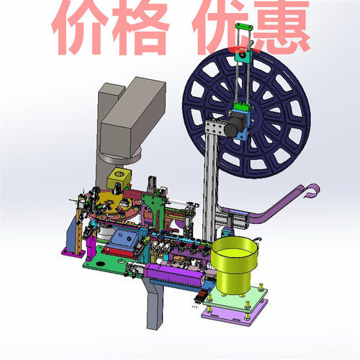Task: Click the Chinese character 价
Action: click(85, 27)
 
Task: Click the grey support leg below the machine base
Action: click(154, 306)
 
